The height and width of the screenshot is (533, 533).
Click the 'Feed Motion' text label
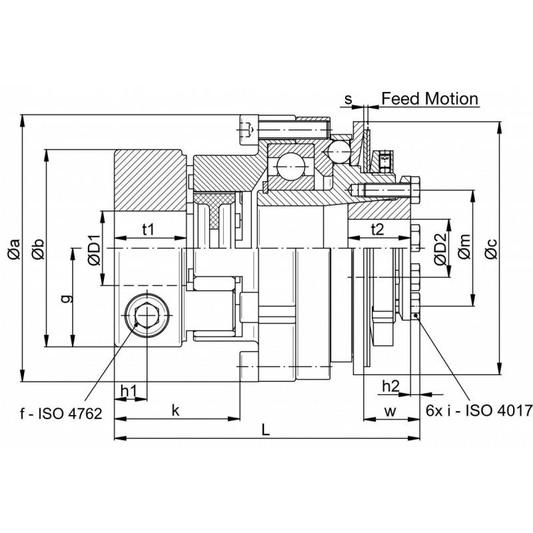click(x=430, y=99)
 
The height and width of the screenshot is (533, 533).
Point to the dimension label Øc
click(x=490, y=248)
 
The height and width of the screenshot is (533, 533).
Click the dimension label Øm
click(x=464, y=246)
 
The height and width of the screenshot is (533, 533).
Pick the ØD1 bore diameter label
click(x=94, y=249)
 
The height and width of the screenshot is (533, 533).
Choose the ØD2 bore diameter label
click(x=440, y=249)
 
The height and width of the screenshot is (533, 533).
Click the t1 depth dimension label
click(x=148, y=230)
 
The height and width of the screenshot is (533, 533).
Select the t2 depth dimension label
click(x=377, y=230)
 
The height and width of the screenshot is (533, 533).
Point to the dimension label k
click(x=175, y=410)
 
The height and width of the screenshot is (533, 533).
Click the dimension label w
click(x=390, y=412)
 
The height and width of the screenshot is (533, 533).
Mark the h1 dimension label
click(x=129, y=392)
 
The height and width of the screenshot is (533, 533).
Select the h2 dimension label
click(x=391, y=386)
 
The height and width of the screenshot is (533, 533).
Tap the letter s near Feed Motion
click(x=348, y=99)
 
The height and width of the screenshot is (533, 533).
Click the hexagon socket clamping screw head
click(x=147, y=314)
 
